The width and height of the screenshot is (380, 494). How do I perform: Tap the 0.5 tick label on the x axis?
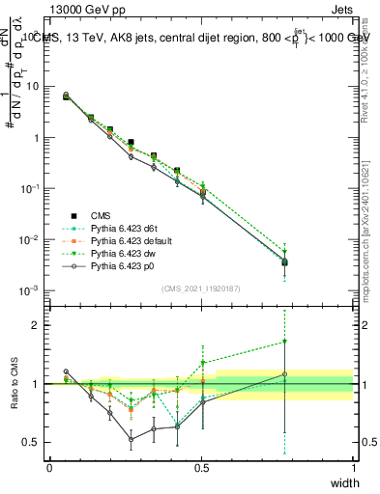[201, 468]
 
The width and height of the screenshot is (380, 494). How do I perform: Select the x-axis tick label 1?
[353, 468]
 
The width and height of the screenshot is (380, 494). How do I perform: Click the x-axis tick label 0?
[49, 468]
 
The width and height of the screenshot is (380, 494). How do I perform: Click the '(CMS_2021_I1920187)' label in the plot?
[201, 288]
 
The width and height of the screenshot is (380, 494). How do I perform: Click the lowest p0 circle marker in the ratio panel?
[132, 439]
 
